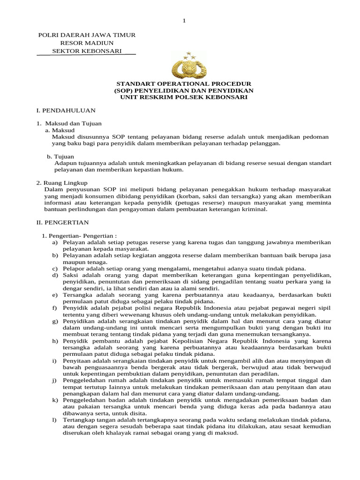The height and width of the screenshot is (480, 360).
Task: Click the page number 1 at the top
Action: tap(184, 21)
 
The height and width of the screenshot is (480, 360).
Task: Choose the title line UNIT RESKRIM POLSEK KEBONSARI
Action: tap(184, 97)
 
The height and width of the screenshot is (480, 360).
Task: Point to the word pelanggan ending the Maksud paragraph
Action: tap(266, 143)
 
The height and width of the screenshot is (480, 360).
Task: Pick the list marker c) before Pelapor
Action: tap(55, 268)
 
